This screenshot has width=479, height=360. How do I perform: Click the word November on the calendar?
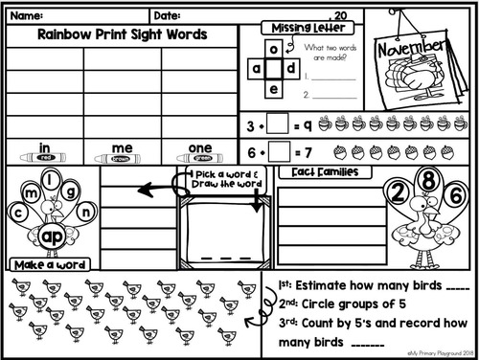point(424,48)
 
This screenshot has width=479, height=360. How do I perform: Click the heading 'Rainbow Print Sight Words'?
point(121,34)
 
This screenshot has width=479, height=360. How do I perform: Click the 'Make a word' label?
point(50,264)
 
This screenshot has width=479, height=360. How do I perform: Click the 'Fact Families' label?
point(323,172)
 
